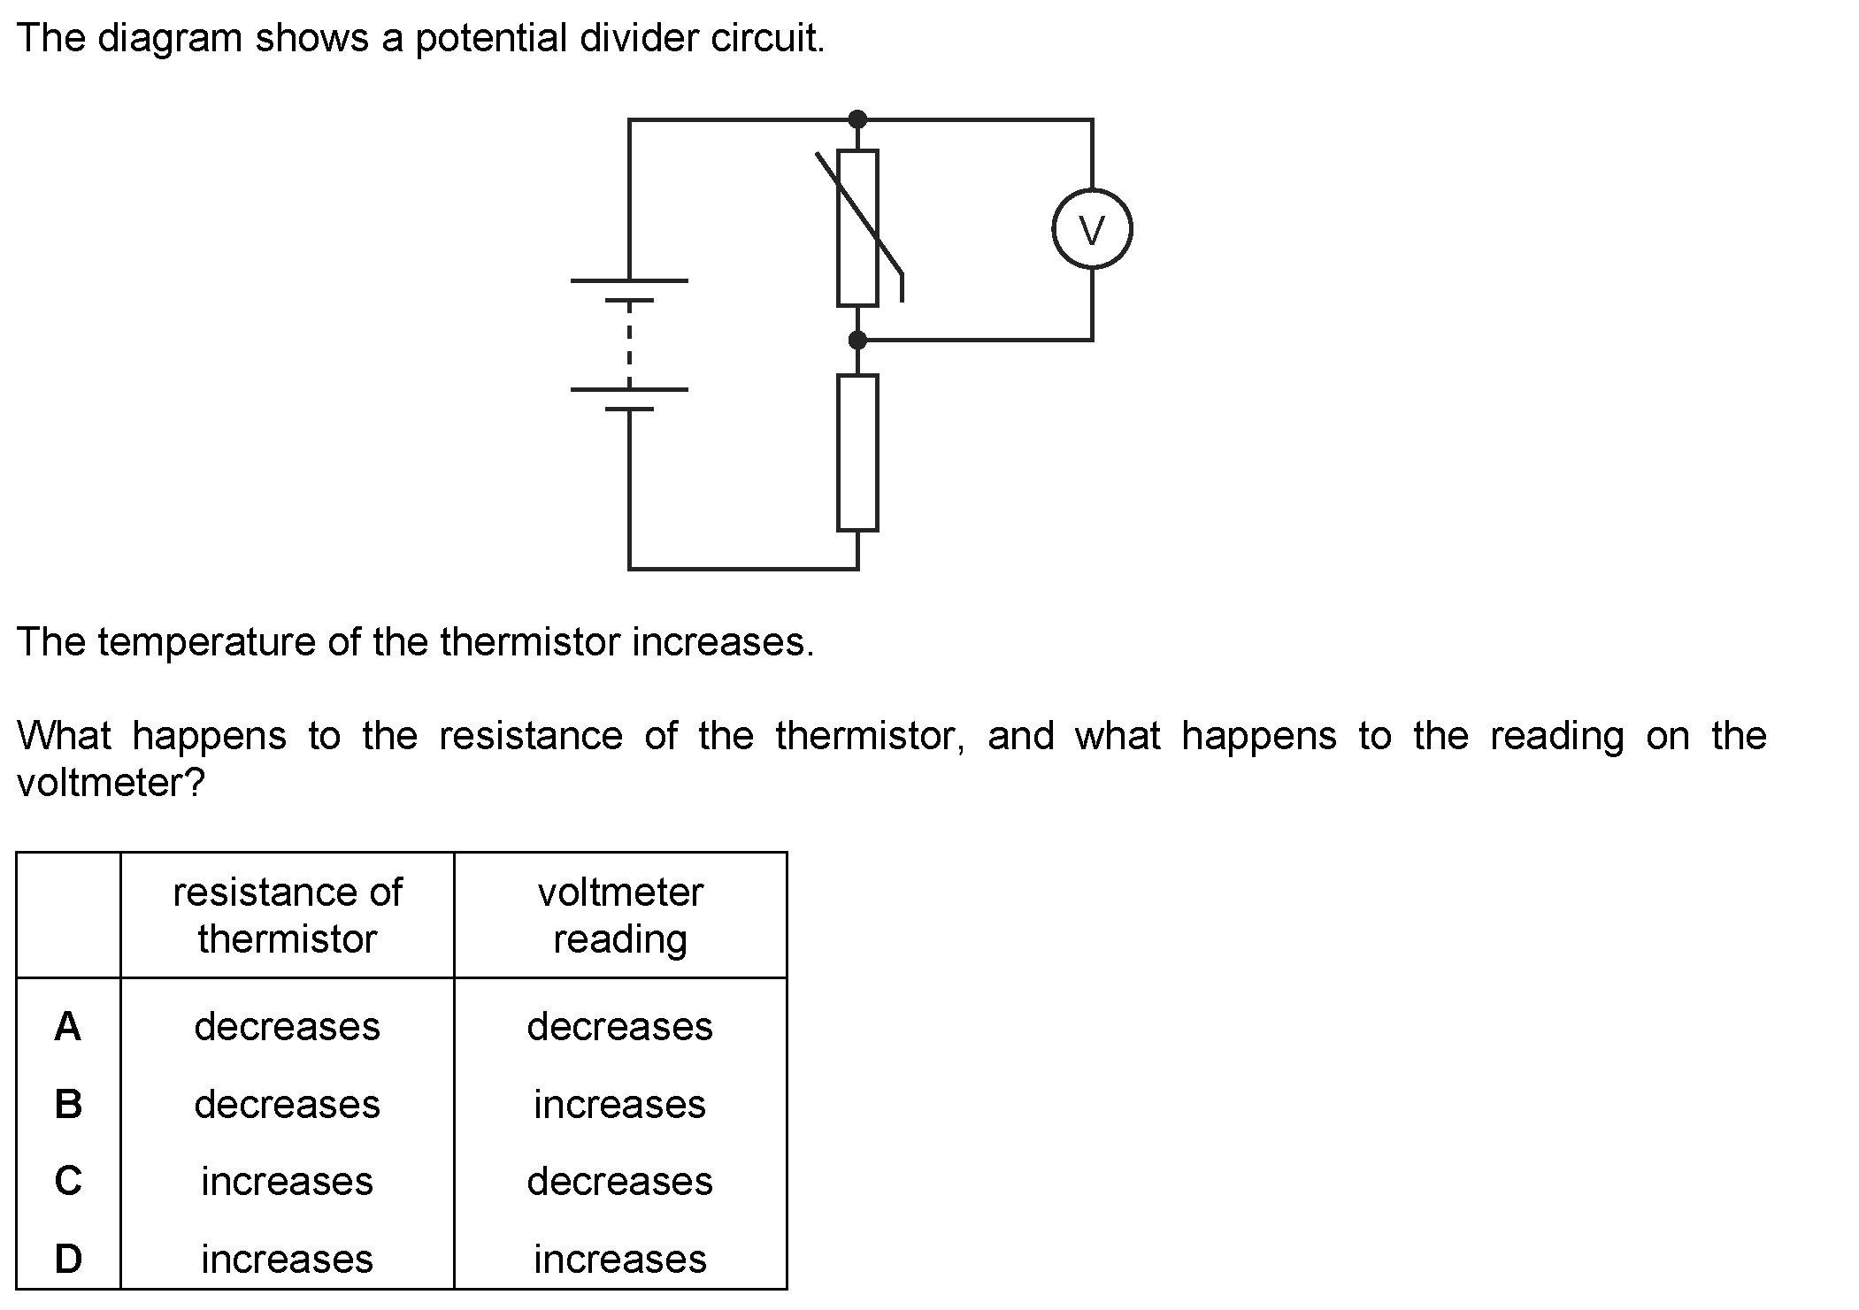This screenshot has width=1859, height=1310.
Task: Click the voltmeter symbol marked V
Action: pos(1092,229)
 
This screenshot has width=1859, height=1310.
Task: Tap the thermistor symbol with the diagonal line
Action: pos(857,228)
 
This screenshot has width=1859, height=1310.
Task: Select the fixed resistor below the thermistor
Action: pos(857,453)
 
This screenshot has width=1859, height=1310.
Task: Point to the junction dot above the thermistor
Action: pos(857,119)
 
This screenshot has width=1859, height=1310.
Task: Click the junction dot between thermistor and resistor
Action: pos(857,340)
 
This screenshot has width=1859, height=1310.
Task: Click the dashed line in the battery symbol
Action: pos(628,346)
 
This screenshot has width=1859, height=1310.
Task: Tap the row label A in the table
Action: pos(68,1026)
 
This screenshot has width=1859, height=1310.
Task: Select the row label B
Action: pos(68,1104)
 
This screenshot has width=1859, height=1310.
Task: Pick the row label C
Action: pos(68,1181)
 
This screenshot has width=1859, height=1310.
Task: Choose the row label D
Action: pos(68,1259)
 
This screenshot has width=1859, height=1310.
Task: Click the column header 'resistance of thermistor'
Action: pos(288,915)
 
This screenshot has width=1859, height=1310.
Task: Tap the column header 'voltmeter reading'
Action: pos(620,915)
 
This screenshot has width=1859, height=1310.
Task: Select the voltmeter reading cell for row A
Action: pos(620,1026)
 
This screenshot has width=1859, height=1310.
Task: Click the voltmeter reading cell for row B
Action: pos(620,1104)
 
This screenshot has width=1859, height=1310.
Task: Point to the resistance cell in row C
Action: pos(288,1181)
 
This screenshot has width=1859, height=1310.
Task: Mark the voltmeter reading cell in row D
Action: pos(620,1259)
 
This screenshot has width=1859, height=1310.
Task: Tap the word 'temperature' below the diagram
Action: pos(207,643)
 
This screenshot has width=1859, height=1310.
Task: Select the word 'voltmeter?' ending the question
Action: pos(111,782)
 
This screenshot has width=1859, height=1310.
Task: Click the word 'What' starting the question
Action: pos(64,735)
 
